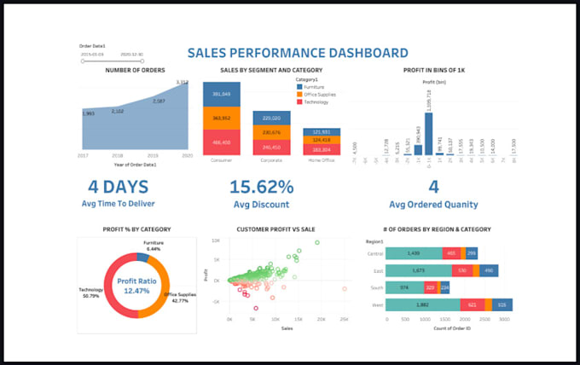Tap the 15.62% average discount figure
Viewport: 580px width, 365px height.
pos(261,188)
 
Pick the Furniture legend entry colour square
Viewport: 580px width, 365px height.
pos(299,87)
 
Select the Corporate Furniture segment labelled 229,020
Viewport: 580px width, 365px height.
pos(271,119)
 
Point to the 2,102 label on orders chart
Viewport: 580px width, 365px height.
pos(118,111)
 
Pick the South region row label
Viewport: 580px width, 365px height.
pos(374,287)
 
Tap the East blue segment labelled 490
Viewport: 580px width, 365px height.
pos(489,270)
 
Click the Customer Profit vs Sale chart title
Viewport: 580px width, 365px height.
pos(276,229)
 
